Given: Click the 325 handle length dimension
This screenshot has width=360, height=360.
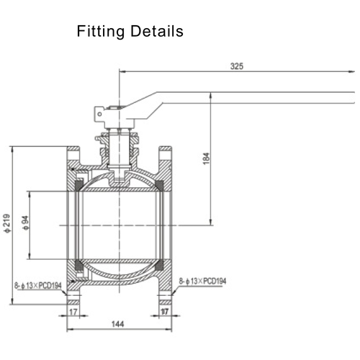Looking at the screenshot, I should click(x=237, y=66).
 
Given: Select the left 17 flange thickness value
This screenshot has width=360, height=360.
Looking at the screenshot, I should click(x=73, y=312).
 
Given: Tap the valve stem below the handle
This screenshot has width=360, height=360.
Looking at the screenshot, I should click(x=119, y=148).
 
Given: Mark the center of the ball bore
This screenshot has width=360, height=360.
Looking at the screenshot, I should click(x=119, y=225).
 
